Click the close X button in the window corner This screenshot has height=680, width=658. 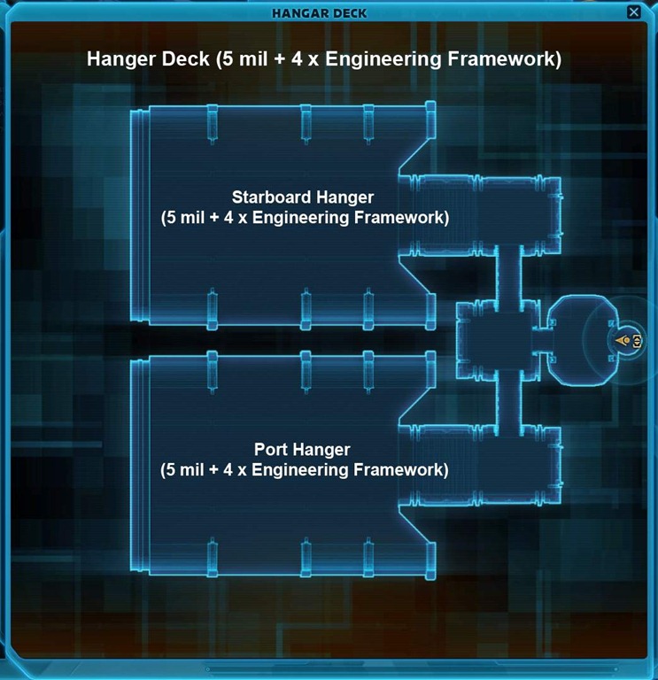coord(633,12)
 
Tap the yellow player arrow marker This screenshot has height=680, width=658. coord(624,340)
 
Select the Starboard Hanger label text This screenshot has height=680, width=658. coord(303,197)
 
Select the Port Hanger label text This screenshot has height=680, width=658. coord(304,449)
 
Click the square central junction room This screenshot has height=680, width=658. coord(496,340)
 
